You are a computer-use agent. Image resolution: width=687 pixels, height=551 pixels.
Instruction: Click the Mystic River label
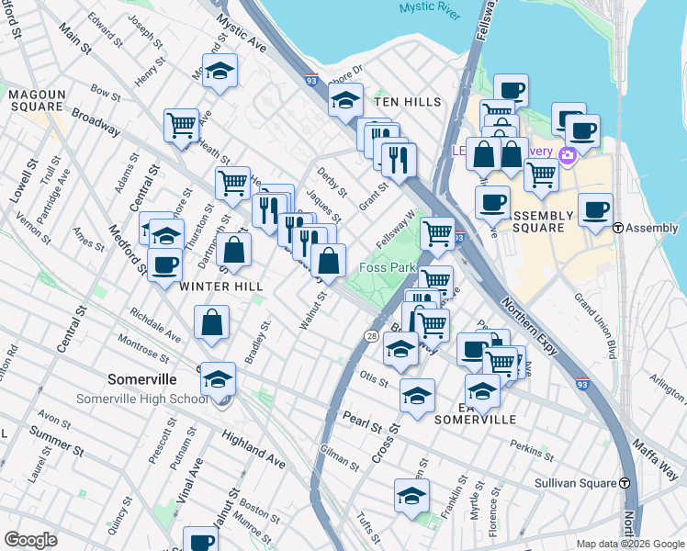[x=428, y=8]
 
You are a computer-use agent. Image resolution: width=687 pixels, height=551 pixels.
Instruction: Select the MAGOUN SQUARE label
[x=38, y=101]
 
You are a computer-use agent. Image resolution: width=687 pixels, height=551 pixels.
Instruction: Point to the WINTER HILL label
[x=221, y=287]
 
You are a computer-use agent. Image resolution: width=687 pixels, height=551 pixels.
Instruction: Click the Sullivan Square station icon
[x=625, y=482]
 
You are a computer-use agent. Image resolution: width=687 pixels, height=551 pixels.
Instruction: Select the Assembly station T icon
[x=618, y=228]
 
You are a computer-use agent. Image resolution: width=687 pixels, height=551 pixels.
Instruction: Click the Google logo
[x=30, y=540]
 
